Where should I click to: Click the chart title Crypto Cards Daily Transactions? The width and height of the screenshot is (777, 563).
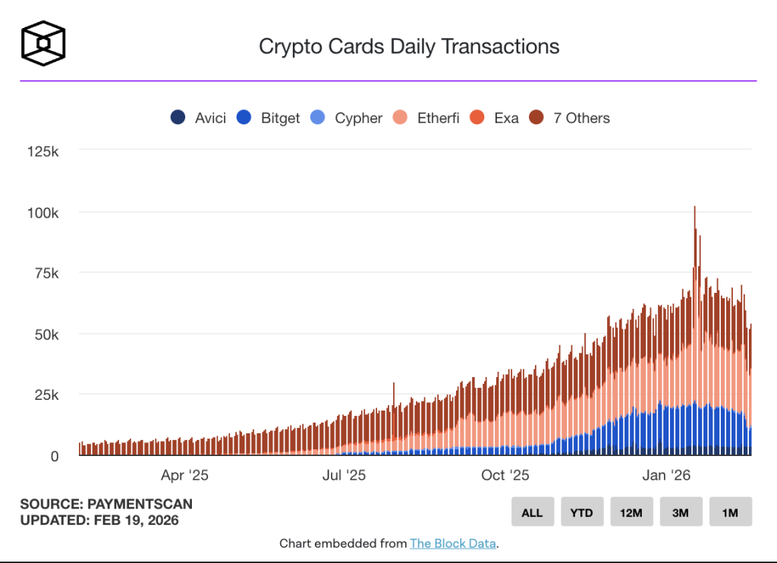[x=409, y=46]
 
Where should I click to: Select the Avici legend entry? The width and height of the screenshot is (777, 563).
[x=199, y=118]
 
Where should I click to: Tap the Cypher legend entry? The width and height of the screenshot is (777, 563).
[x=347, y=118]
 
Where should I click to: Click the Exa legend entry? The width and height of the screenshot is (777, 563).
[x=495, y=118]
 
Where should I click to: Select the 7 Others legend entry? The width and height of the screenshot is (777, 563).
[x=570, y=118]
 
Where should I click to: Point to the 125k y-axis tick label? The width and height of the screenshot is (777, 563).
[x=42, y=151]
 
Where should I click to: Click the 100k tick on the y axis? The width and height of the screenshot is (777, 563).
[x=42, y=212]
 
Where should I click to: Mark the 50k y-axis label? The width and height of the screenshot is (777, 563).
[x=46, y=334]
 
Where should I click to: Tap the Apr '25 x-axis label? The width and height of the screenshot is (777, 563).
[x=184, y=476]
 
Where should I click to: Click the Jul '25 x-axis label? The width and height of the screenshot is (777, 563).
[x=344, y=476]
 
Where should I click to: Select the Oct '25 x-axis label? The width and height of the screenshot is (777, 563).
[x=505, y=476]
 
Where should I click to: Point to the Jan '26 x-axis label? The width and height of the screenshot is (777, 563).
[x=665, y=476]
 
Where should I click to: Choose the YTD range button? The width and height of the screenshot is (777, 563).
[x=582, y=512]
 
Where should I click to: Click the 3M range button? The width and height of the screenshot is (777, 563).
[x=681, y=512]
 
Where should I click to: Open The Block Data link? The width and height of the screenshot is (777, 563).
[x=453, y=543]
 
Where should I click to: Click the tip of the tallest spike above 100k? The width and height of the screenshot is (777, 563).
[x=694, y=207]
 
